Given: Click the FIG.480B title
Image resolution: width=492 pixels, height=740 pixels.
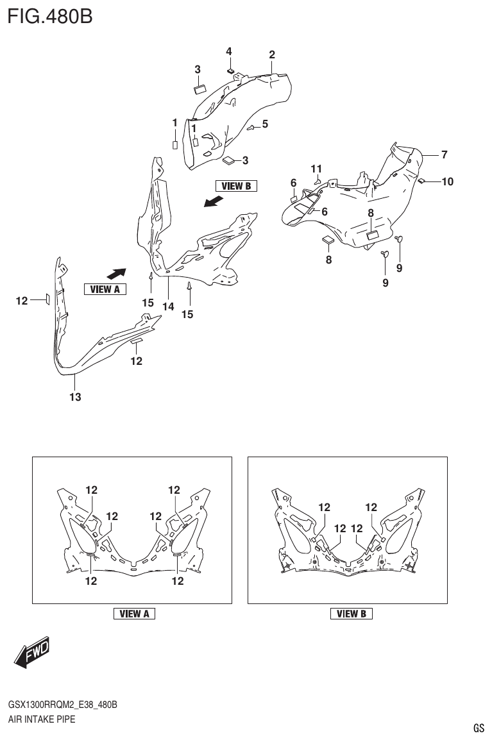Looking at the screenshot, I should (x=50, y=15).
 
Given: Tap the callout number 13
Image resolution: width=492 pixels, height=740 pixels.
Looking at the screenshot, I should (x=75, y=398).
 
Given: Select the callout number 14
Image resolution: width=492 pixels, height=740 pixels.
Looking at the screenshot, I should (x=168, y=307).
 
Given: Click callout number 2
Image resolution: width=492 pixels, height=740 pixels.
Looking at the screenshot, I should (x=272, y=55).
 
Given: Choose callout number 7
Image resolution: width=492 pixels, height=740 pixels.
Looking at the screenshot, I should (x=444, y=154).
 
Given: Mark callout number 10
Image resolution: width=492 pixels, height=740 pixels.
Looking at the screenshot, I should (x=447, y=181).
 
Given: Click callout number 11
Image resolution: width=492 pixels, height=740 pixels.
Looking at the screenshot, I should (x=316, y=169).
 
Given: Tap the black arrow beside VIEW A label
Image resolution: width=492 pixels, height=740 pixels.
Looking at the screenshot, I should (x=115, y=273).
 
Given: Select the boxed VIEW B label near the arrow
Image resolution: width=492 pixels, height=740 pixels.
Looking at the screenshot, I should (x=235, y=186).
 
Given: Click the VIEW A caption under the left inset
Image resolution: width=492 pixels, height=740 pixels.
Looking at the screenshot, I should (x=134, y=614).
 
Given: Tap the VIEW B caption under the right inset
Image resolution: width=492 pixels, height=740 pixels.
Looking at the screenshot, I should (x=351, y=614).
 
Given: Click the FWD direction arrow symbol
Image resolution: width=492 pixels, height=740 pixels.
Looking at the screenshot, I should (x=30, y=654).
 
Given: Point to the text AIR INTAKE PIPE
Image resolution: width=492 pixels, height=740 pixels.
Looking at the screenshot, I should (x=42, y=719).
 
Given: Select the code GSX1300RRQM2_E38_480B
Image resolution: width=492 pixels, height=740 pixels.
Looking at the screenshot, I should (x=62, y=705).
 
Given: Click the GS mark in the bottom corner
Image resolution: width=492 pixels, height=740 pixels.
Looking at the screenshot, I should (x=479, y=728).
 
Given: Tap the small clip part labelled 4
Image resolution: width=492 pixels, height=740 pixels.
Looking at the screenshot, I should (x=230, y=70).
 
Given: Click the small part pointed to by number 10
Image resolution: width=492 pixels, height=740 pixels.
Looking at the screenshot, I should (x=422, y=181).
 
